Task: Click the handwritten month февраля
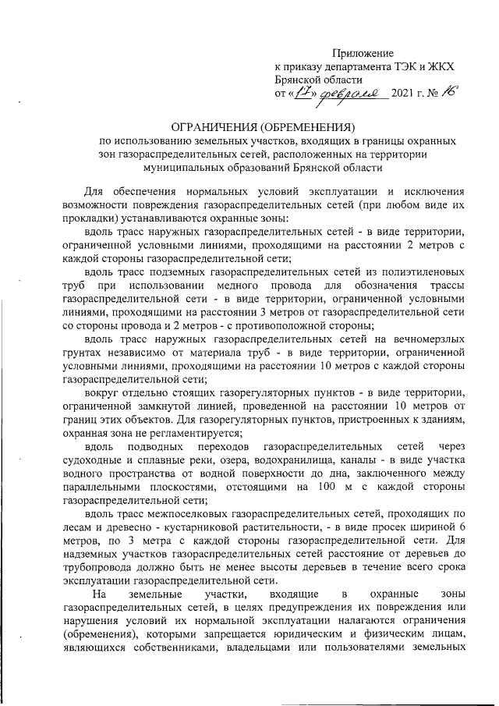347,93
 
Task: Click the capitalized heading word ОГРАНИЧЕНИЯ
225,126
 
